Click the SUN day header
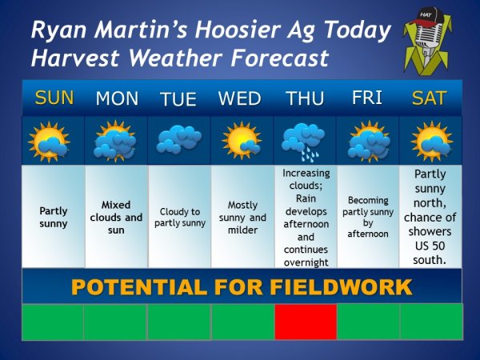(x=54, y=98)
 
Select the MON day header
(x=117, y=99)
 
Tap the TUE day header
(x=178, y=100)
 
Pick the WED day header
(x=240, y=99)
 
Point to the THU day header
(x=305, y=98)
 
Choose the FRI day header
(x=366, y=98)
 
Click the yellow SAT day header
(x=430, y=98)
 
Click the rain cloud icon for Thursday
(x=304, y=141)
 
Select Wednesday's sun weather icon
(x=241, y=141)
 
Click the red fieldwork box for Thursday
(x=305, y=322)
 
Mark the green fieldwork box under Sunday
(x=52, y=322)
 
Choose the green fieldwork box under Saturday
(x=430, y=322)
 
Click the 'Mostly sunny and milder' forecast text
(x=242, y=217)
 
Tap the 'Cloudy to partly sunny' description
(x=179, y=217)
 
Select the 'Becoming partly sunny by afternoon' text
(x=367, y=217)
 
